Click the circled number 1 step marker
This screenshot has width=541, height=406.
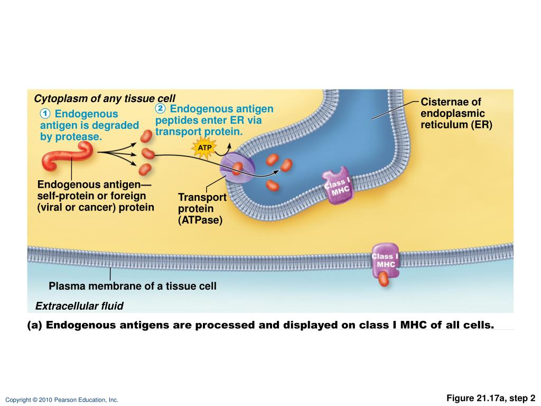pos(45,114)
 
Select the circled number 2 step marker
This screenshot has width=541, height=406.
pos(161,108)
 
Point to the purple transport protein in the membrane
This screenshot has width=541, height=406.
pos(237,168)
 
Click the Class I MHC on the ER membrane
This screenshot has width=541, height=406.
pos(337,186)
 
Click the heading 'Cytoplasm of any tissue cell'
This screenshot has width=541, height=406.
pos(104,99)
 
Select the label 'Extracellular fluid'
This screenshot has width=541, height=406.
pos(79,306)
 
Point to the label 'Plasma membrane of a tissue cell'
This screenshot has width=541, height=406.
pos(133,287)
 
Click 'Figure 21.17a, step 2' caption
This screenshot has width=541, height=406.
pos(491,398)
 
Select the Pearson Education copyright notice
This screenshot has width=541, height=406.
pos(62,400)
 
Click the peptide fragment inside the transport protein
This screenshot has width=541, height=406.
pos(237,169)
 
